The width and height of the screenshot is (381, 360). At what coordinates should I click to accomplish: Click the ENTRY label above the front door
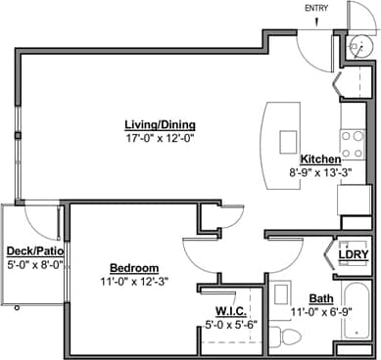[316, 8]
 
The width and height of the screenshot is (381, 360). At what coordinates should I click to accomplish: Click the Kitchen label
[319, 158]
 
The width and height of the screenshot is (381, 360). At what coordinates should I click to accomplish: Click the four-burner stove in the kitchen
[352, 145]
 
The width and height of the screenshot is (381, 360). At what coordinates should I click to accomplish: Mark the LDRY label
[353, 255]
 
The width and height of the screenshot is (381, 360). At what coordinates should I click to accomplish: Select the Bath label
[320, 298]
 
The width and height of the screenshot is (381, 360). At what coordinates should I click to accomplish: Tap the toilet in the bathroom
[286, 336]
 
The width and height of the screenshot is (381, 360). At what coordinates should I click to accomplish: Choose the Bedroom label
[134, 267]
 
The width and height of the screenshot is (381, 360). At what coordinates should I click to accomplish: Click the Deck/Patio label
[35, 250]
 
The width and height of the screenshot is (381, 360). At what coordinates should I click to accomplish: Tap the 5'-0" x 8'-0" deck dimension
[35, 263]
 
